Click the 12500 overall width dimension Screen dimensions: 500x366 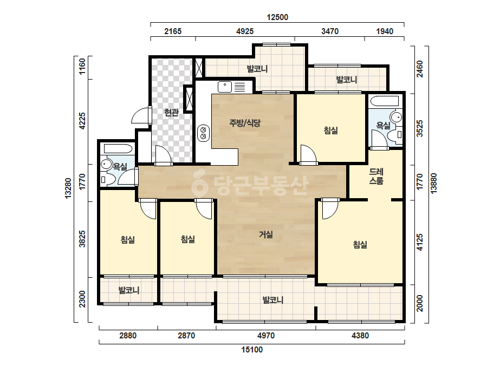pyautogui.click(x=277, y=17)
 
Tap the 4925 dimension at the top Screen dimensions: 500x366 pyautogui.click(x=245, y=31)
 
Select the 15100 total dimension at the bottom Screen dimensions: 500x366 pyautogui.click(x=252, y=350)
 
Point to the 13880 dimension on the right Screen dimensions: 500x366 pyautogui.click(x=433, y=184)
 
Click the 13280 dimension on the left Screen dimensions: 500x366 pyautogui.click(x=68, y=188)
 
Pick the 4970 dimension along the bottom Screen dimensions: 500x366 pyautogui.click(x=266, y=335)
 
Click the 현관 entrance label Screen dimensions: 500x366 pyautogui.click(x=171, y=112)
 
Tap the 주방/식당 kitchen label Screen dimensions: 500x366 pyautogui.click(x=245, y=123)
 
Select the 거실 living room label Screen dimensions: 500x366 pyautogui.click(x=265, y=234)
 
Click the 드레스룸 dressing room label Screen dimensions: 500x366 pyautogui.click(x=376, y=177)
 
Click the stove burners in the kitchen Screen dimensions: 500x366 pyautogui.click(x=203, y=133)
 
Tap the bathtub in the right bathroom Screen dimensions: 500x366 pyautogui.click(x=385, y=101)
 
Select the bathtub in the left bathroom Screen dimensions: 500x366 pyautogui.click(x=118, y=149)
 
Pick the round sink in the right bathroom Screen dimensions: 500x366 pyautogui.click(x=397, y=117)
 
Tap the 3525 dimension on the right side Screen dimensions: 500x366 pyautogui.click(x=420, y=128)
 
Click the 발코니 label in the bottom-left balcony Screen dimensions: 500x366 pyautogui.click(x=129, y=290)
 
